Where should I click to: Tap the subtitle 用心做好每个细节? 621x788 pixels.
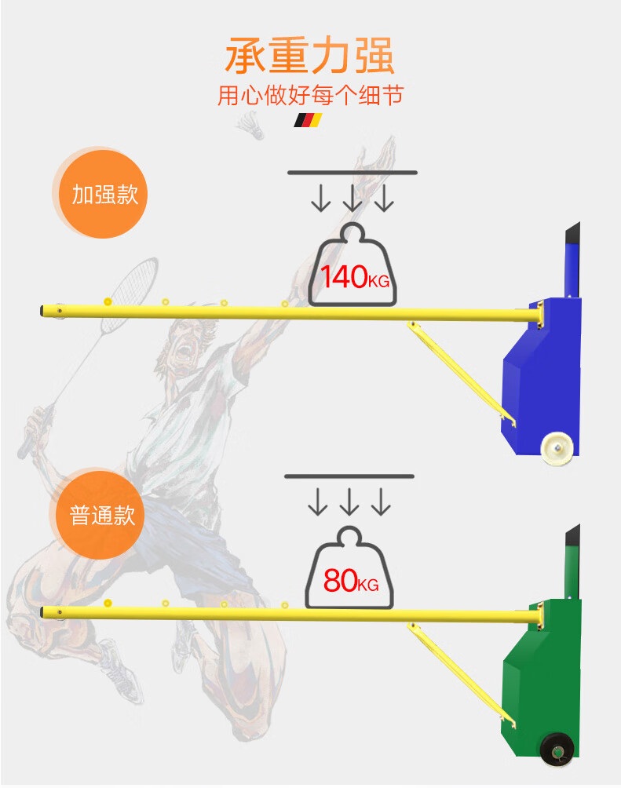click(x=310, y=96)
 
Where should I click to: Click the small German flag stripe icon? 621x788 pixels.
click(x=308, y=120)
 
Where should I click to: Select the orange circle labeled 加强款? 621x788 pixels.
click(x=104, y=193)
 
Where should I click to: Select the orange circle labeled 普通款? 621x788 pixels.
click(x=102, y=515)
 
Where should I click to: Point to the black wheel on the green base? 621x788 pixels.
click(x=557, y=750)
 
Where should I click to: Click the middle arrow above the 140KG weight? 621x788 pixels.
click(x=353, y=199)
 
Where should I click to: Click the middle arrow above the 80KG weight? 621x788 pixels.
click(x=349, y=502)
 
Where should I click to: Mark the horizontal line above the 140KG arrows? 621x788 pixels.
click(x=353, y=172)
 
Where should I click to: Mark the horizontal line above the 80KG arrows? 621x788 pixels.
click(x=349, y=476)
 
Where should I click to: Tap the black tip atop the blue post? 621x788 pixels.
click(x=572, y=233)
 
